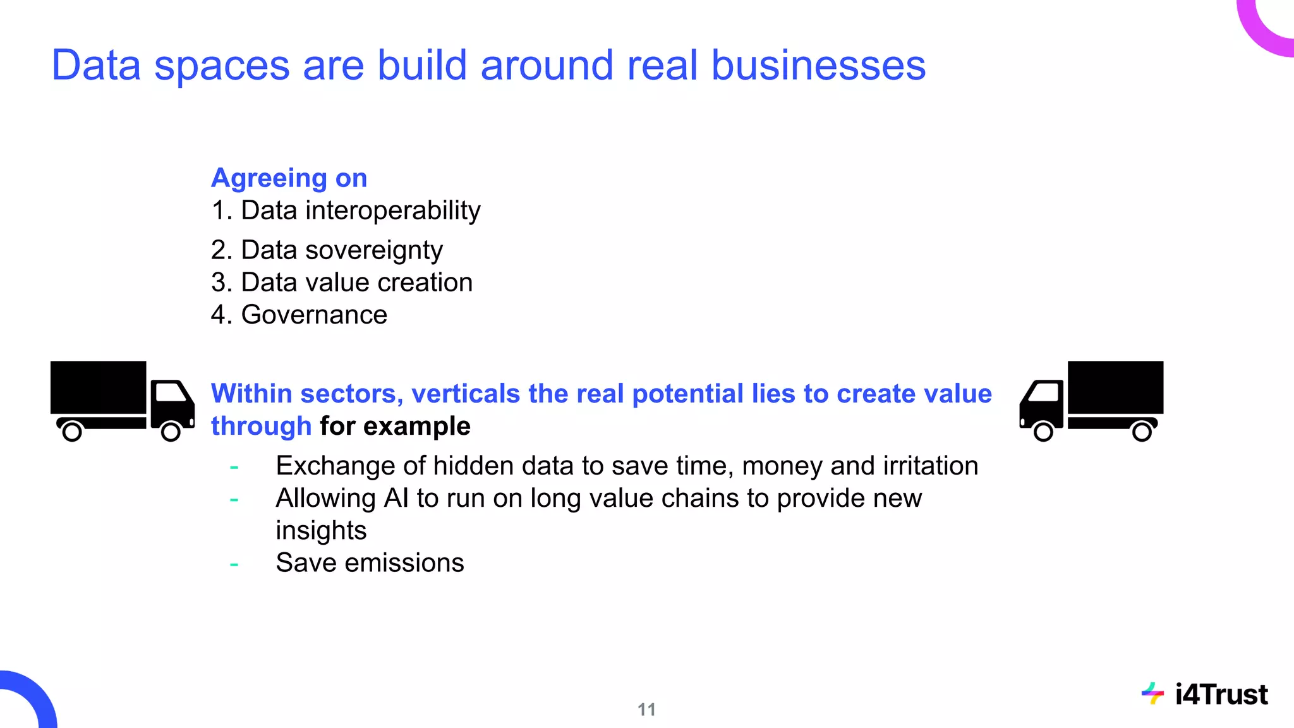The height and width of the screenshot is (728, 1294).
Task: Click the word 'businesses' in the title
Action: pyautogui.click(x=818, y=65)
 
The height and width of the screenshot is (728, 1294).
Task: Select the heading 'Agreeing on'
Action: pyautogui.click(x=289, y=178)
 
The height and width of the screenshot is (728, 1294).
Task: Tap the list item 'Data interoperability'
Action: pyautogui.click(x=360, y=210)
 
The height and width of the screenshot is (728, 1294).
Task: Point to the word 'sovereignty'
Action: pyautogui.click(x=373, y=251)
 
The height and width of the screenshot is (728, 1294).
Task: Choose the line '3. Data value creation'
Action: pyautogui.click(x=342, y=282)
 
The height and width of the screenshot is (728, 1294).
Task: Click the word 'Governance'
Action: pyautogui.click(x=314, y=315)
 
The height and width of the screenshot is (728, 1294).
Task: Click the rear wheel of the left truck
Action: pyautogui.click(x=72, y=432)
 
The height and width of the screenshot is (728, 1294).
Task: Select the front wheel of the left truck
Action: pyautogui.click(x=171, y=432)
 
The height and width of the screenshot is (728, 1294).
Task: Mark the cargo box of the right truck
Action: pyautogui.click(x=1115, y=387)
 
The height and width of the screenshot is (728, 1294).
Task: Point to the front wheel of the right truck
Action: pyautogui.click(x=1043, y=432)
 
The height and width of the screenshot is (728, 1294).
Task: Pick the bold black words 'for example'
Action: pyautogui.click(x=395, y=427)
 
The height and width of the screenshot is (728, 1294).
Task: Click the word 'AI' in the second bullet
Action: pyautogui.click(x=396, y=499)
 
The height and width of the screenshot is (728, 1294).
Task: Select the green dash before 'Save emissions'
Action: pyautogui.click(x=234, y=564)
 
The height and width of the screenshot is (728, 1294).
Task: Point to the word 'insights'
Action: pyautogui.click(x=321, y=531)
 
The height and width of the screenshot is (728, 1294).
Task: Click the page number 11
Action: pyautogui.click(x=646, y=710)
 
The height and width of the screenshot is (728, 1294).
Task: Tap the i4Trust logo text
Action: pyautogui.click(x=1221, y=695)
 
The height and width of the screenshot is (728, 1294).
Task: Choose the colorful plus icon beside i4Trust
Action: pyautogui.click(x=1152, y=694)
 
